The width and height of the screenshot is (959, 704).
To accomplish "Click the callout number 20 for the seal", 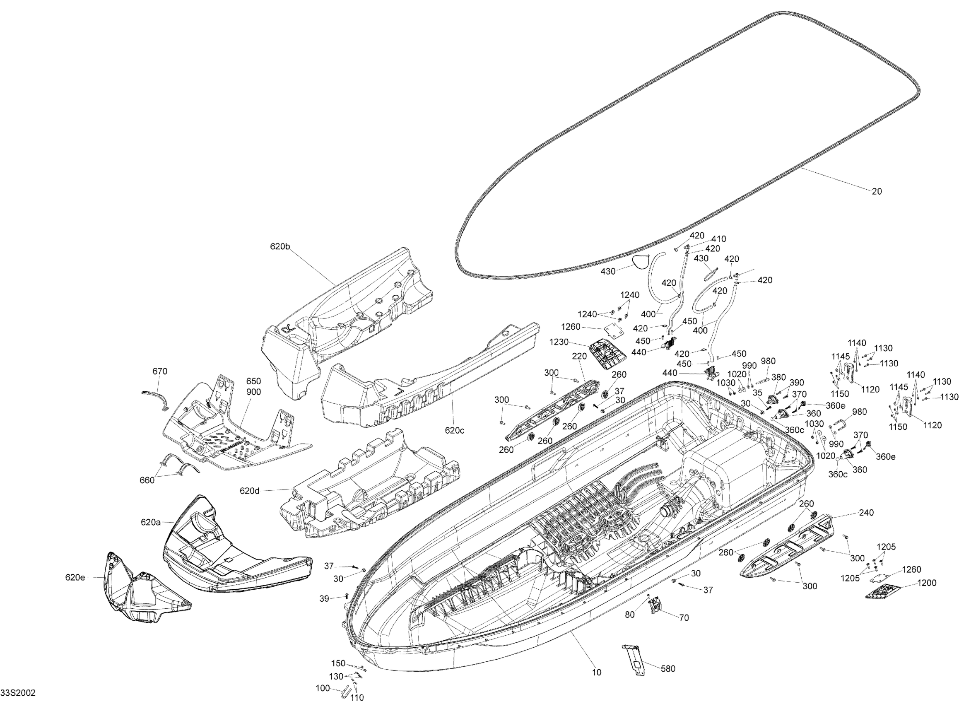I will pos(876,191).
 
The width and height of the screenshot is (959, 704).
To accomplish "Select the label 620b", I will pos(280,246).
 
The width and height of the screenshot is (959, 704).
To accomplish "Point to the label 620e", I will pos(75,577).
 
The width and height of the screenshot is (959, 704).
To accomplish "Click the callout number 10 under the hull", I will pos(596,673).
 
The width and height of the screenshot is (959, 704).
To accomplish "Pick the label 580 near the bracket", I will pos(667,669).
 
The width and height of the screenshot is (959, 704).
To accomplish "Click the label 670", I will pos(160,371).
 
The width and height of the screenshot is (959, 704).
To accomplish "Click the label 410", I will pos(718,239).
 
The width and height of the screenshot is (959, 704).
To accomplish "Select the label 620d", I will pos(249,491).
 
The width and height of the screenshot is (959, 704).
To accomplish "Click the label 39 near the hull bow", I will pos(324,599).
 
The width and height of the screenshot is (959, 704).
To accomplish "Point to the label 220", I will pos(579,357).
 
